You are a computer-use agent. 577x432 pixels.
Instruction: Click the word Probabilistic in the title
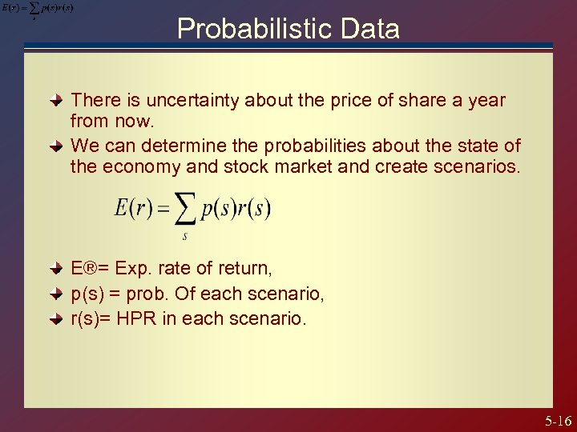243,30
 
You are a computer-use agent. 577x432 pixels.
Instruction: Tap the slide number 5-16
558,421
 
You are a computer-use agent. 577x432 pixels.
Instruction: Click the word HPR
133,318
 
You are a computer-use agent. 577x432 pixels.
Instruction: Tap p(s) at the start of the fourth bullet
87,294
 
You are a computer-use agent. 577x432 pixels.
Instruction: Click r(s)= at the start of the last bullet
91,318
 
